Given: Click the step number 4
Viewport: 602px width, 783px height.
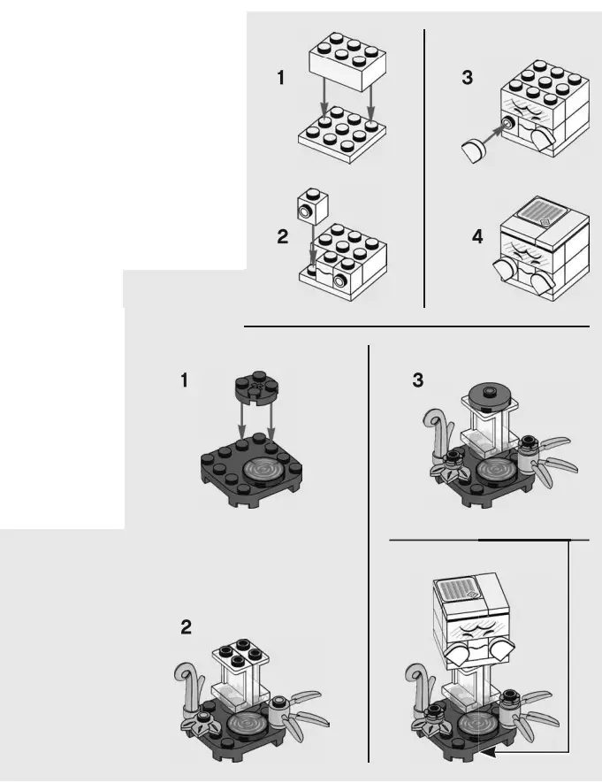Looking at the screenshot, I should pos(477,238).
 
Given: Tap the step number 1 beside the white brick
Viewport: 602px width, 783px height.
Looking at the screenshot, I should pos(281,78).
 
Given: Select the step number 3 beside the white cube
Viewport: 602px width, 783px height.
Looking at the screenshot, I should pos(467,78).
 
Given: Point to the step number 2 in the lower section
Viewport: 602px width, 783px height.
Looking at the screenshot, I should pos(186,627).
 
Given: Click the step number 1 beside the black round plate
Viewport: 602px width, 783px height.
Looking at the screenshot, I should pos(185,381).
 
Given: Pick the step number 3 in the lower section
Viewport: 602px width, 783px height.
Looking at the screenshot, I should pos(418,381).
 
